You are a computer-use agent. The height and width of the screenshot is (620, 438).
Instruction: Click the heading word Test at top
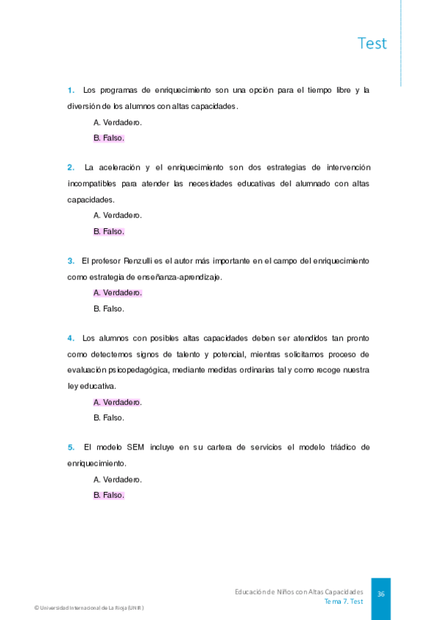tap(372, 43)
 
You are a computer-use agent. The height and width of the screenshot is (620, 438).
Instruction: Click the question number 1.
tap(71, 91)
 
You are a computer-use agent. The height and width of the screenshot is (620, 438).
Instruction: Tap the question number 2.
tap(71, 167)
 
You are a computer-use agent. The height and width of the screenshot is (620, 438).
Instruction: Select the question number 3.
tap(71, 260)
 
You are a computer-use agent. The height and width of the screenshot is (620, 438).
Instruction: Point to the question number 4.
tap(71, 338)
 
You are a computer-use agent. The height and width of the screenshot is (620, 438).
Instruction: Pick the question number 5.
tap(71, 447)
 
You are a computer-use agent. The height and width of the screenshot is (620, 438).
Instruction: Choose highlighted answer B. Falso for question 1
tap(109, 137)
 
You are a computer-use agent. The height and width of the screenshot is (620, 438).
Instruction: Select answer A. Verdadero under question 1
tap(117, 122)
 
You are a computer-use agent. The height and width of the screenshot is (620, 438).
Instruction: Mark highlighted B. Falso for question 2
tap(109, 231)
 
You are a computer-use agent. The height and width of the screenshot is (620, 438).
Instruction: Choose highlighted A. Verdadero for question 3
tap(117, 292)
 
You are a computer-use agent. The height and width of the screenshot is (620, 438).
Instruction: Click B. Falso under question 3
tap(109, 309)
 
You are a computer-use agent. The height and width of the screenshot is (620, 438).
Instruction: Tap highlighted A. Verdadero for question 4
tap(117, 402)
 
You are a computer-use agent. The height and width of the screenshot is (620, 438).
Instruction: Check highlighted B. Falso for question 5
tap(109, 495)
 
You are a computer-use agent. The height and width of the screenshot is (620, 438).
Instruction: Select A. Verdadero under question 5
tap(117, 480)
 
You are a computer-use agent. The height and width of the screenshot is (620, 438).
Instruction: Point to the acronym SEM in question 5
tap(135, 447)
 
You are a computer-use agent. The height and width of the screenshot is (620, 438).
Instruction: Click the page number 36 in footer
tap(381, 594)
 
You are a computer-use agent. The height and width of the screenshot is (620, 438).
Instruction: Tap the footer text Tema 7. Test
tap(344, 601)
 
